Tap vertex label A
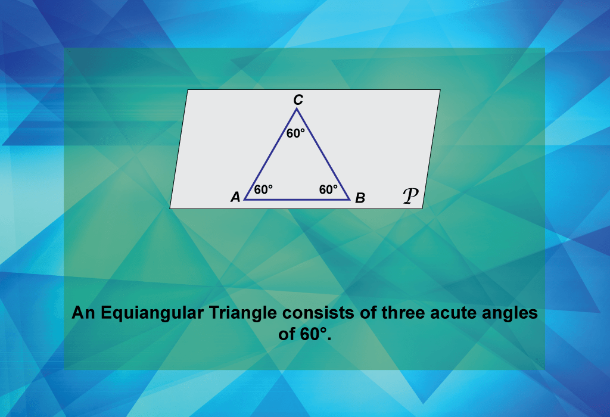pos(235,197)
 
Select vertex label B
pos(360,198)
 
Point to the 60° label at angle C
pos(295,133)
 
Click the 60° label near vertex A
pos(263,189)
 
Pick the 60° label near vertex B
pos(328,189)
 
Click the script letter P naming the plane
pos(410,195)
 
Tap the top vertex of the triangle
pos(297,109)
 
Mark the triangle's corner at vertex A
pos(245,200)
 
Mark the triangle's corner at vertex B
pos(350,200)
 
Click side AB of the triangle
pos(297,200)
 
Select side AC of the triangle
pos(270,154)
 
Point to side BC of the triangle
pos(323,154)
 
